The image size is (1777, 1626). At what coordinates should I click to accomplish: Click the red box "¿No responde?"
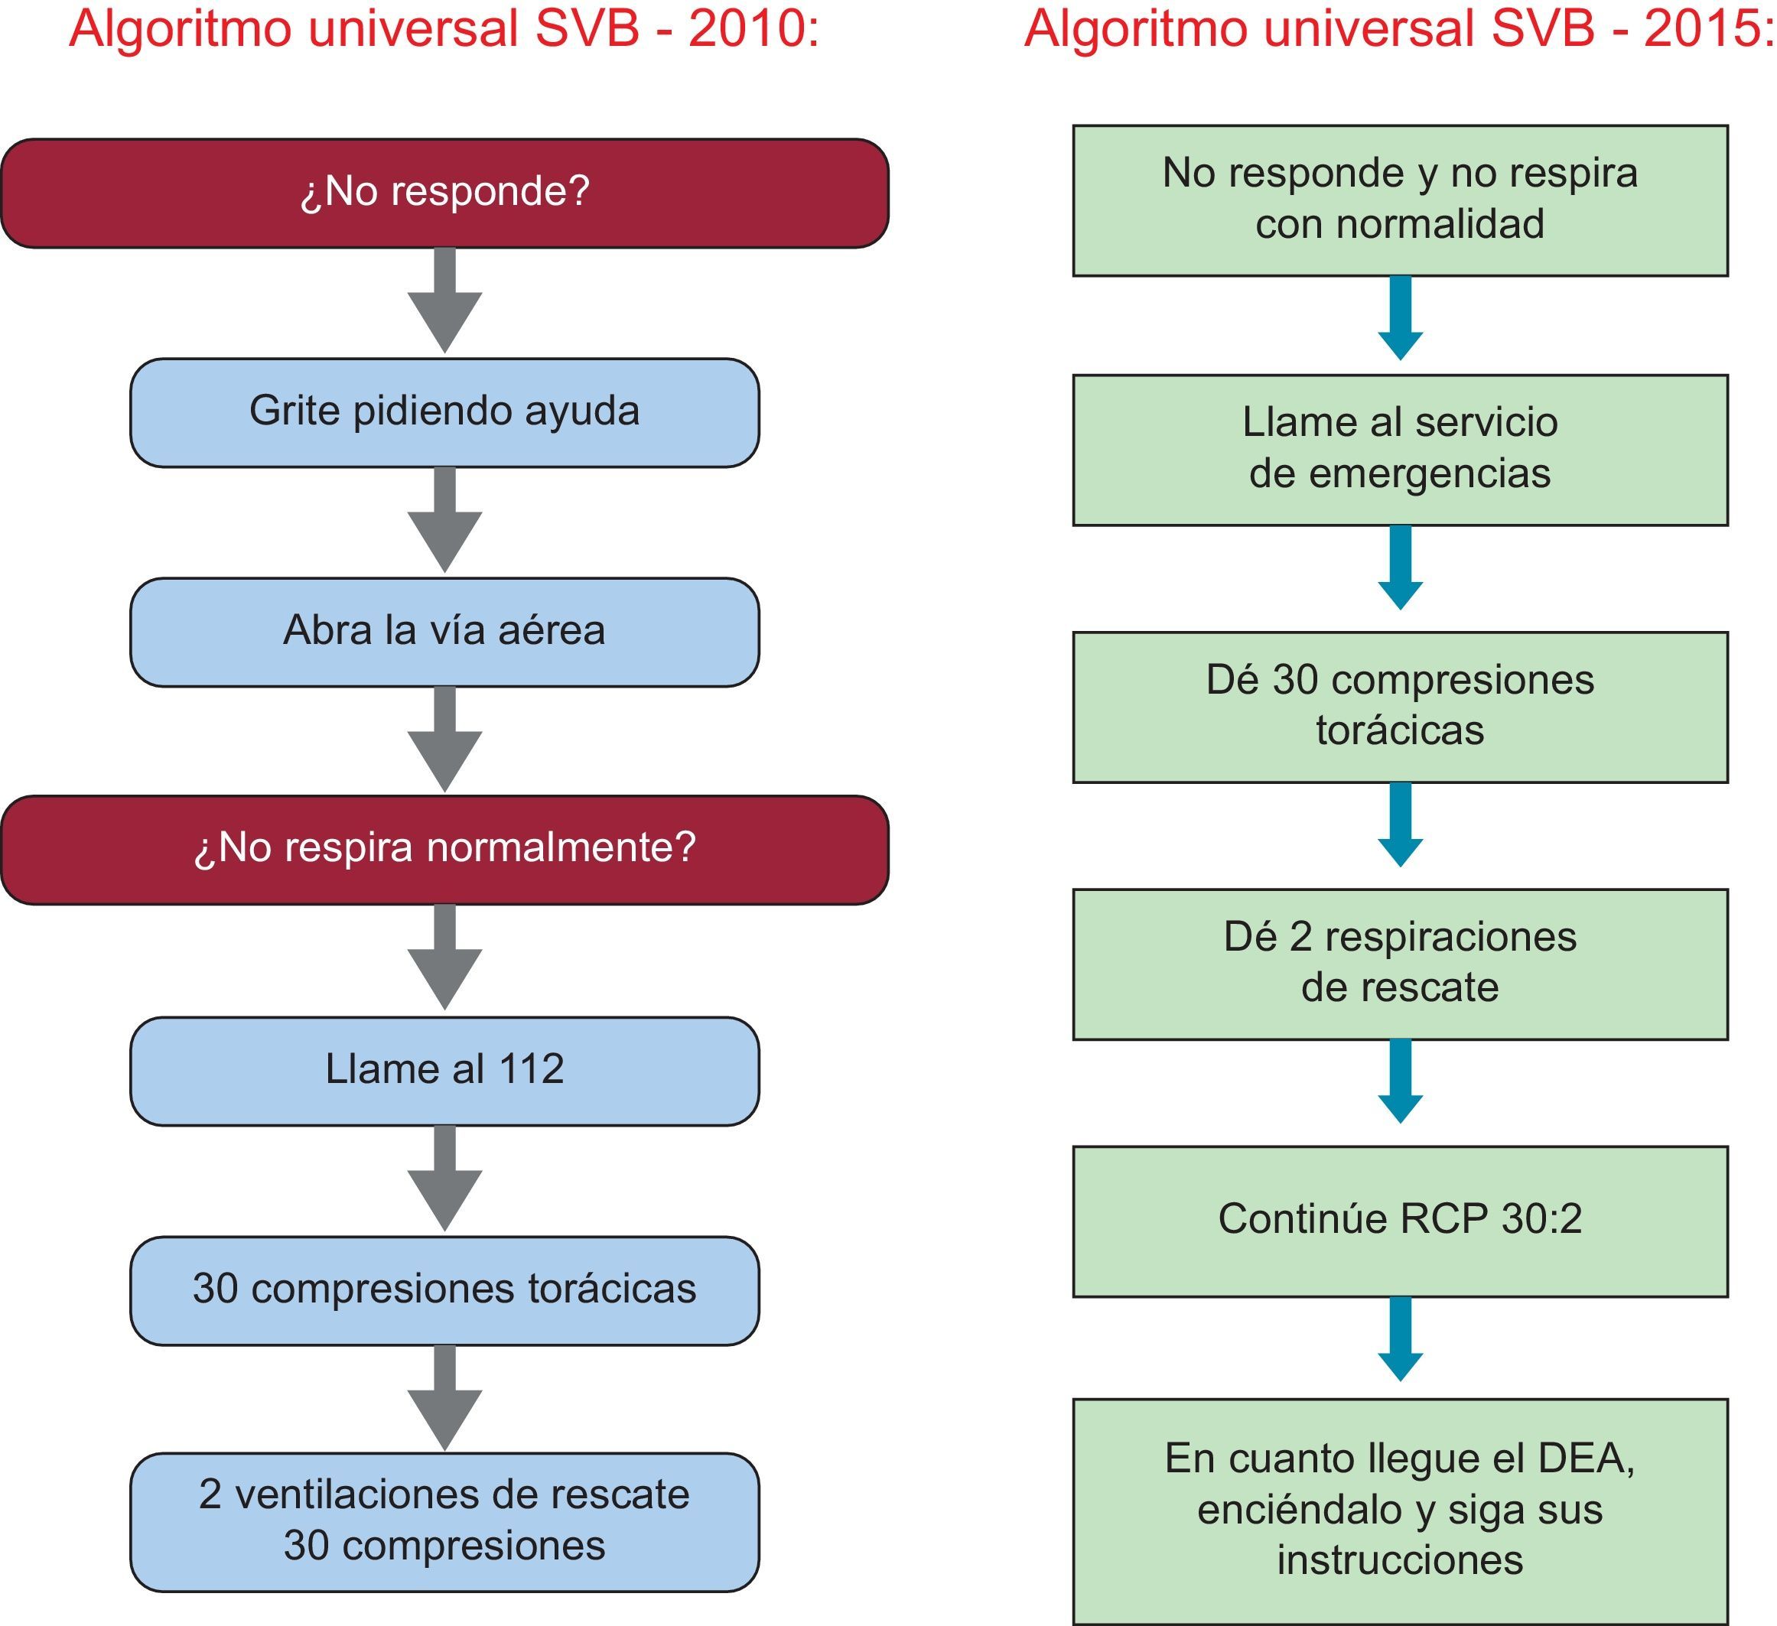[444, 193]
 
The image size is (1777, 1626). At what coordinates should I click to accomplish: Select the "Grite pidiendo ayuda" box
[444, 412]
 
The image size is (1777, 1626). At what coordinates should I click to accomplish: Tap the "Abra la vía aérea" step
[444, 632]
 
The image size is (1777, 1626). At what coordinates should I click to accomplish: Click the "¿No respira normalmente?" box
[444, 850]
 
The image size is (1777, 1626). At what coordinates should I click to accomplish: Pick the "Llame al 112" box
[444, 1071]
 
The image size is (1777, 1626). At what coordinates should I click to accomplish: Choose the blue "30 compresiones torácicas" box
[444, 1290]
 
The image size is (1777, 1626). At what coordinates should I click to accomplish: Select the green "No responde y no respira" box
[1400, 200]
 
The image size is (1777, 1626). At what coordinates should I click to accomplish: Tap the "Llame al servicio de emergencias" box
[1400, 450]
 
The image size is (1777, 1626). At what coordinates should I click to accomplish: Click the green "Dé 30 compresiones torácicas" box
[1400, 707]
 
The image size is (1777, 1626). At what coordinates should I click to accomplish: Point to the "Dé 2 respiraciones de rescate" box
[1400, 964]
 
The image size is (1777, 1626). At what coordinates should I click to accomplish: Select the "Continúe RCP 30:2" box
[1400, 1221]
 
